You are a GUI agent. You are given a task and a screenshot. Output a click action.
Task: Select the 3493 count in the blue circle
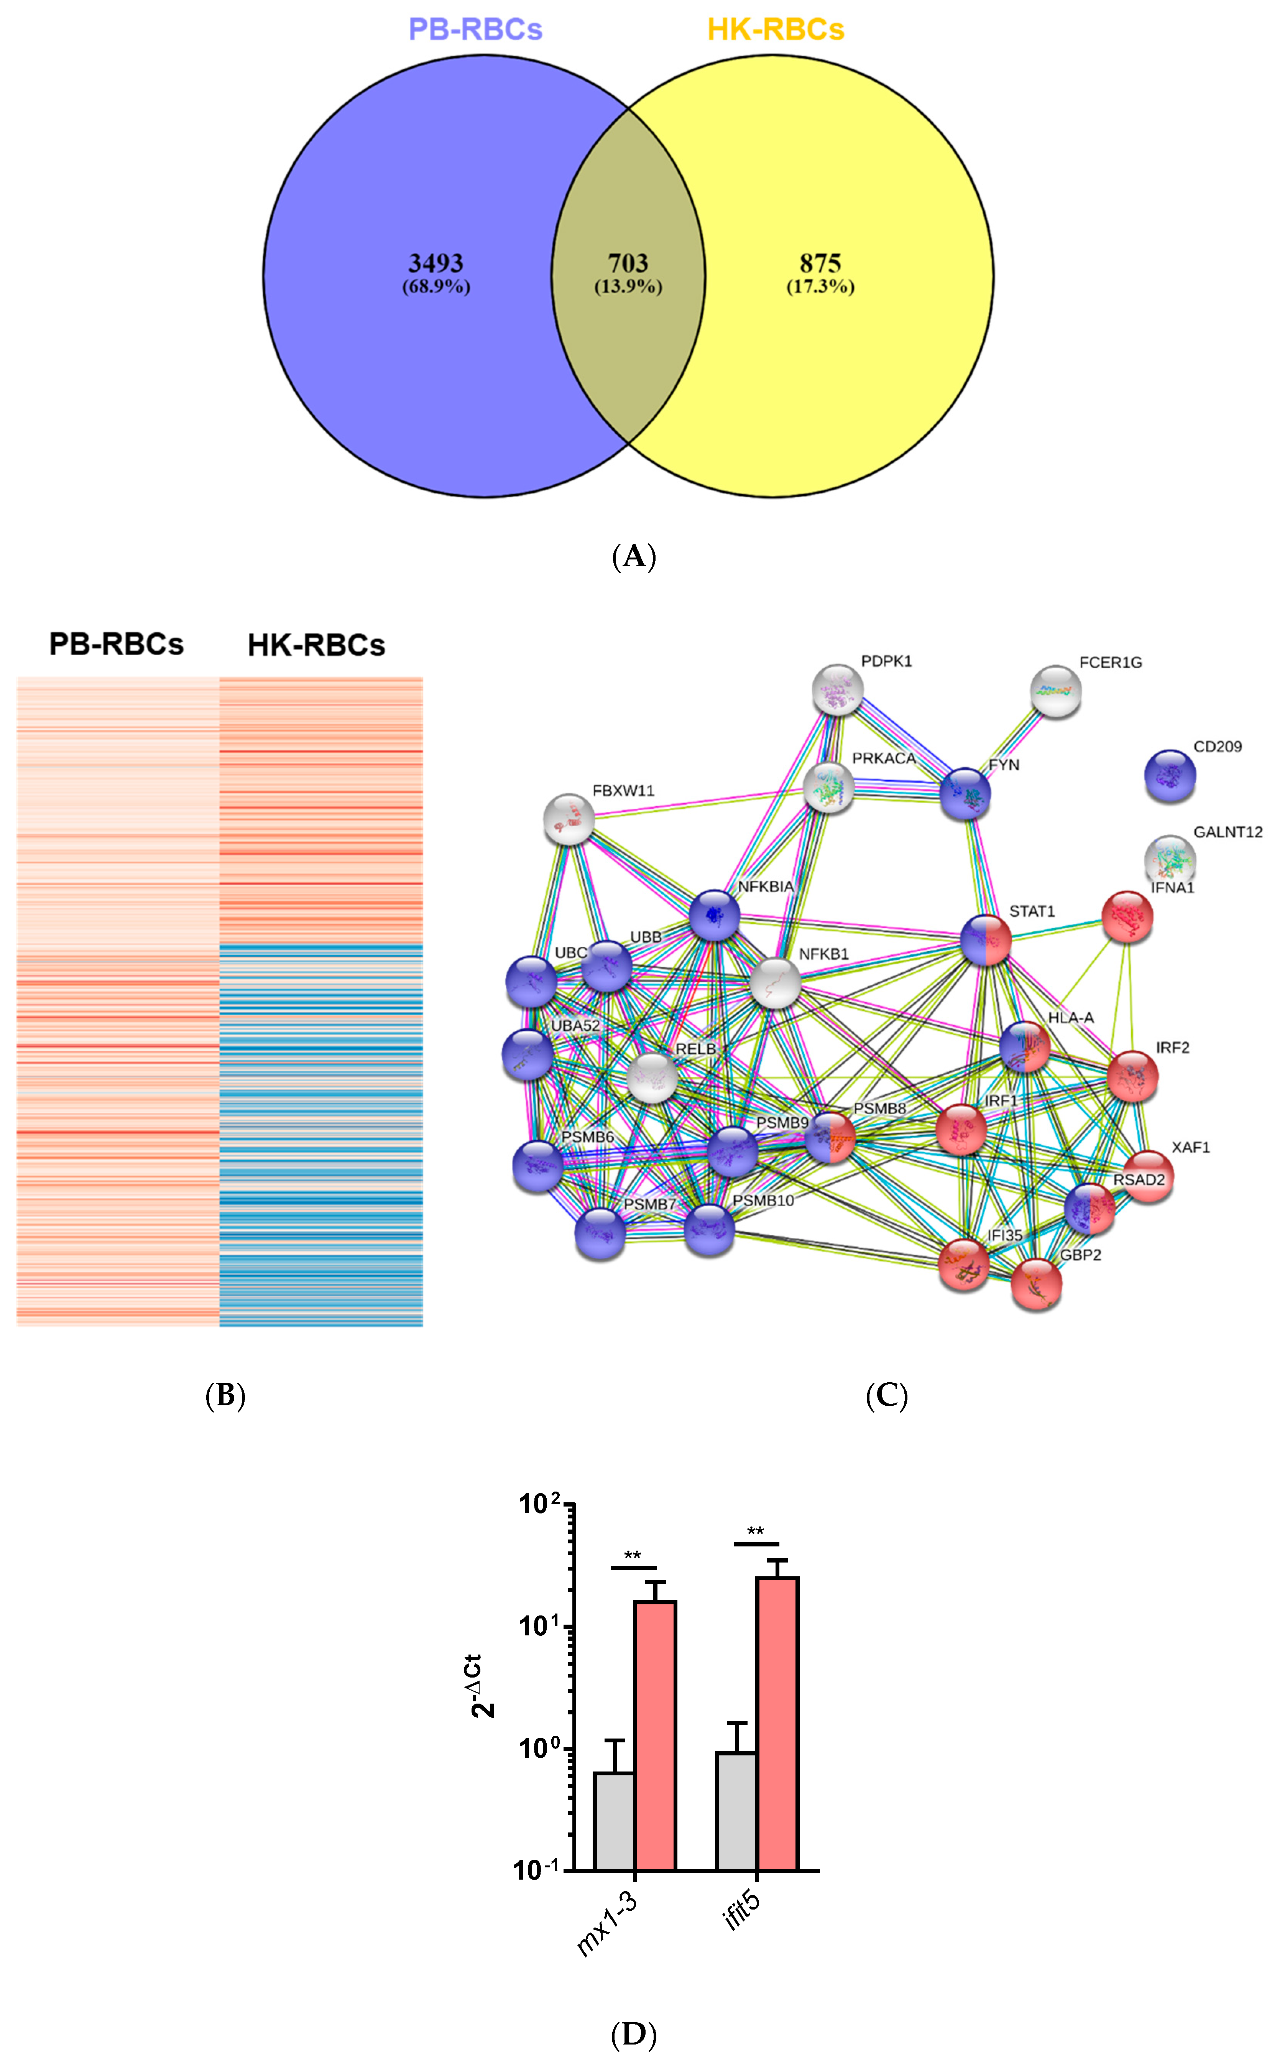[x=436, y=263]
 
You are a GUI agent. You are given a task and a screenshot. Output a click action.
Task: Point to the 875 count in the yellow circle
[x=820, y=263]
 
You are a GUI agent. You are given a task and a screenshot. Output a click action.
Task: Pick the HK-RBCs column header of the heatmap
[x=316, y=645]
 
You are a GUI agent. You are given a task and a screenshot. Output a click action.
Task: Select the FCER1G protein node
[x=1056, y=691]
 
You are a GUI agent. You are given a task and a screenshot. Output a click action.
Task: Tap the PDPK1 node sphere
[x=838, y=690]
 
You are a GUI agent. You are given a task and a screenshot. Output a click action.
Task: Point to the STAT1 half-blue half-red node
[x=986, y=940]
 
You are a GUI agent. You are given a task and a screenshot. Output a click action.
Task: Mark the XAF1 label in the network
[x=1190, y=1147]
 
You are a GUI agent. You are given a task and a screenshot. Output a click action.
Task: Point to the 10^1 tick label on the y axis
[x=538, y=1626]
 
